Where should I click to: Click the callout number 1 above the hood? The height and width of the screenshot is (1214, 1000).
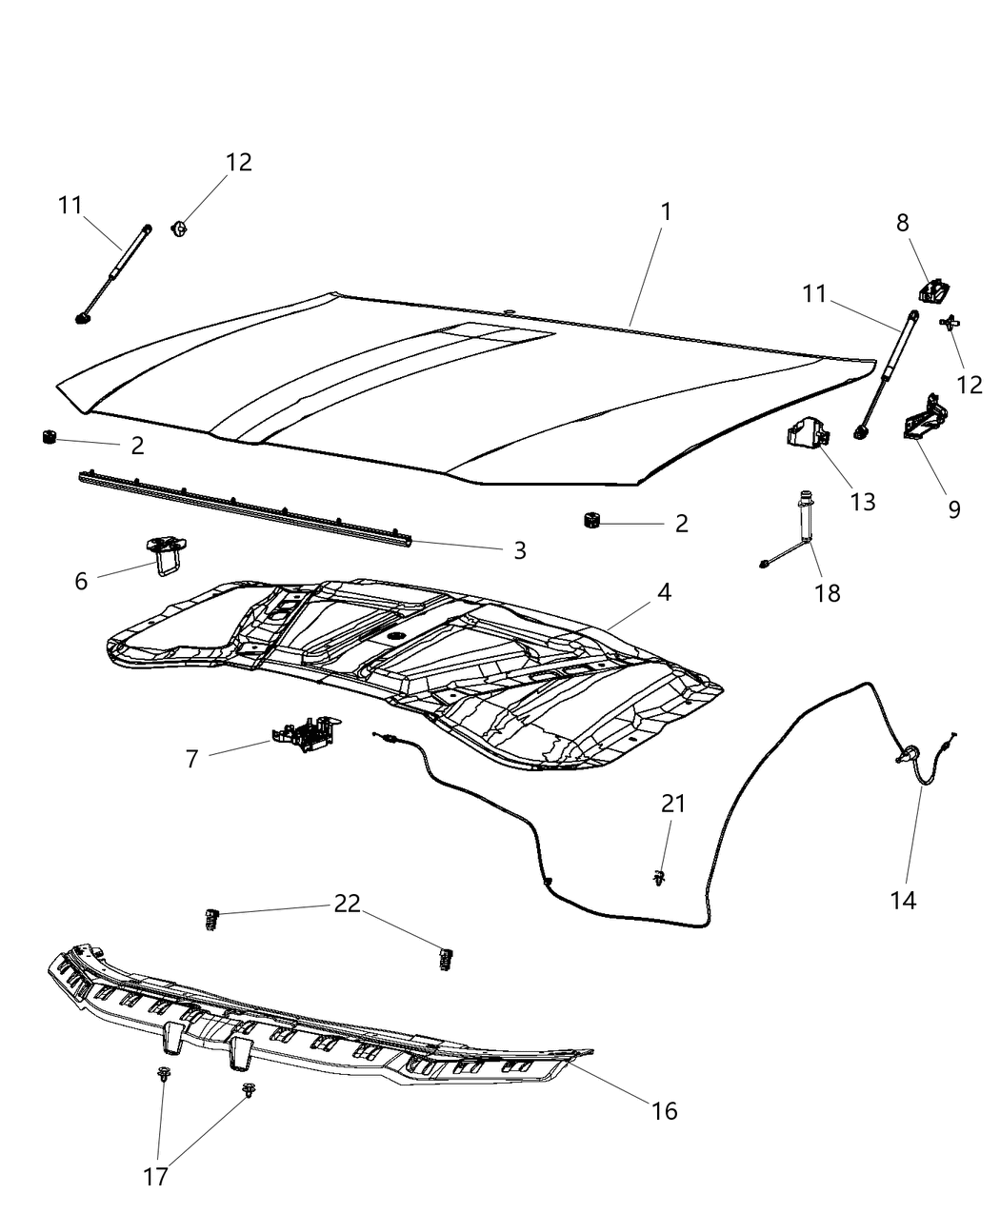click(x=666, y=211)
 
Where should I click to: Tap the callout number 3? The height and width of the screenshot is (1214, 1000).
click(x=519, y=550)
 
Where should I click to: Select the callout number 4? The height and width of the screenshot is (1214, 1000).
click(x=663, y=592)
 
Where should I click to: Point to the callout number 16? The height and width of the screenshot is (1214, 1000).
click(x=664, y=1110)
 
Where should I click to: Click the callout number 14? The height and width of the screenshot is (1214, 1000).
click(x=903, y=900)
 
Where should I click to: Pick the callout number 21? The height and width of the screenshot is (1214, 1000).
click(x=673, y=804)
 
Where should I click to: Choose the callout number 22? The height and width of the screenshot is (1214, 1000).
click(x=348, y=904)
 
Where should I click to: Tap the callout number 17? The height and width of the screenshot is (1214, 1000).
click(x=155, y=1177)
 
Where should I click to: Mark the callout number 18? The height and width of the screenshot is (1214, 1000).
click(x=828, y=592)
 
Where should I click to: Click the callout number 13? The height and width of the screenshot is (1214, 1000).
click(x=862, y=502)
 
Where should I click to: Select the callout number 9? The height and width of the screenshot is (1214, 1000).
click(x=953, y=509)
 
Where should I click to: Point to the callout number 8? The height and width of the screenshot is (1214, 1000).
click(x=902, y=223)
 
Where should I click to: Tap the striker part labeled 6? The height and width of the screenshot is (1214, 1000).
click(x=167, y=552)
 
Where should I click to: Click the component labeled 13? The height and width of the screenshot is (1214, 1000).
click(x=806, y=437)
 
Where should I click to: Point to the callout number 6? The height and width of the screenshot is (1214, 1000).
click(x=81, y=580)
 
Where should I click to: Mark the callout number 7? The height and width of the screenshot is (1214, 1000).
click(x=191, y=759)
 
